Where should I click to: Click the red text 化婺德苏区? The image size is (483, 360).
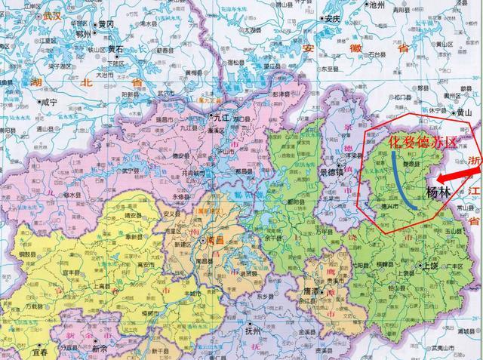(x=412, y=141)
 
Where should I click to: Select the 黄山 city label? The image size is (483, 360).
(x=465, y=112)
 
